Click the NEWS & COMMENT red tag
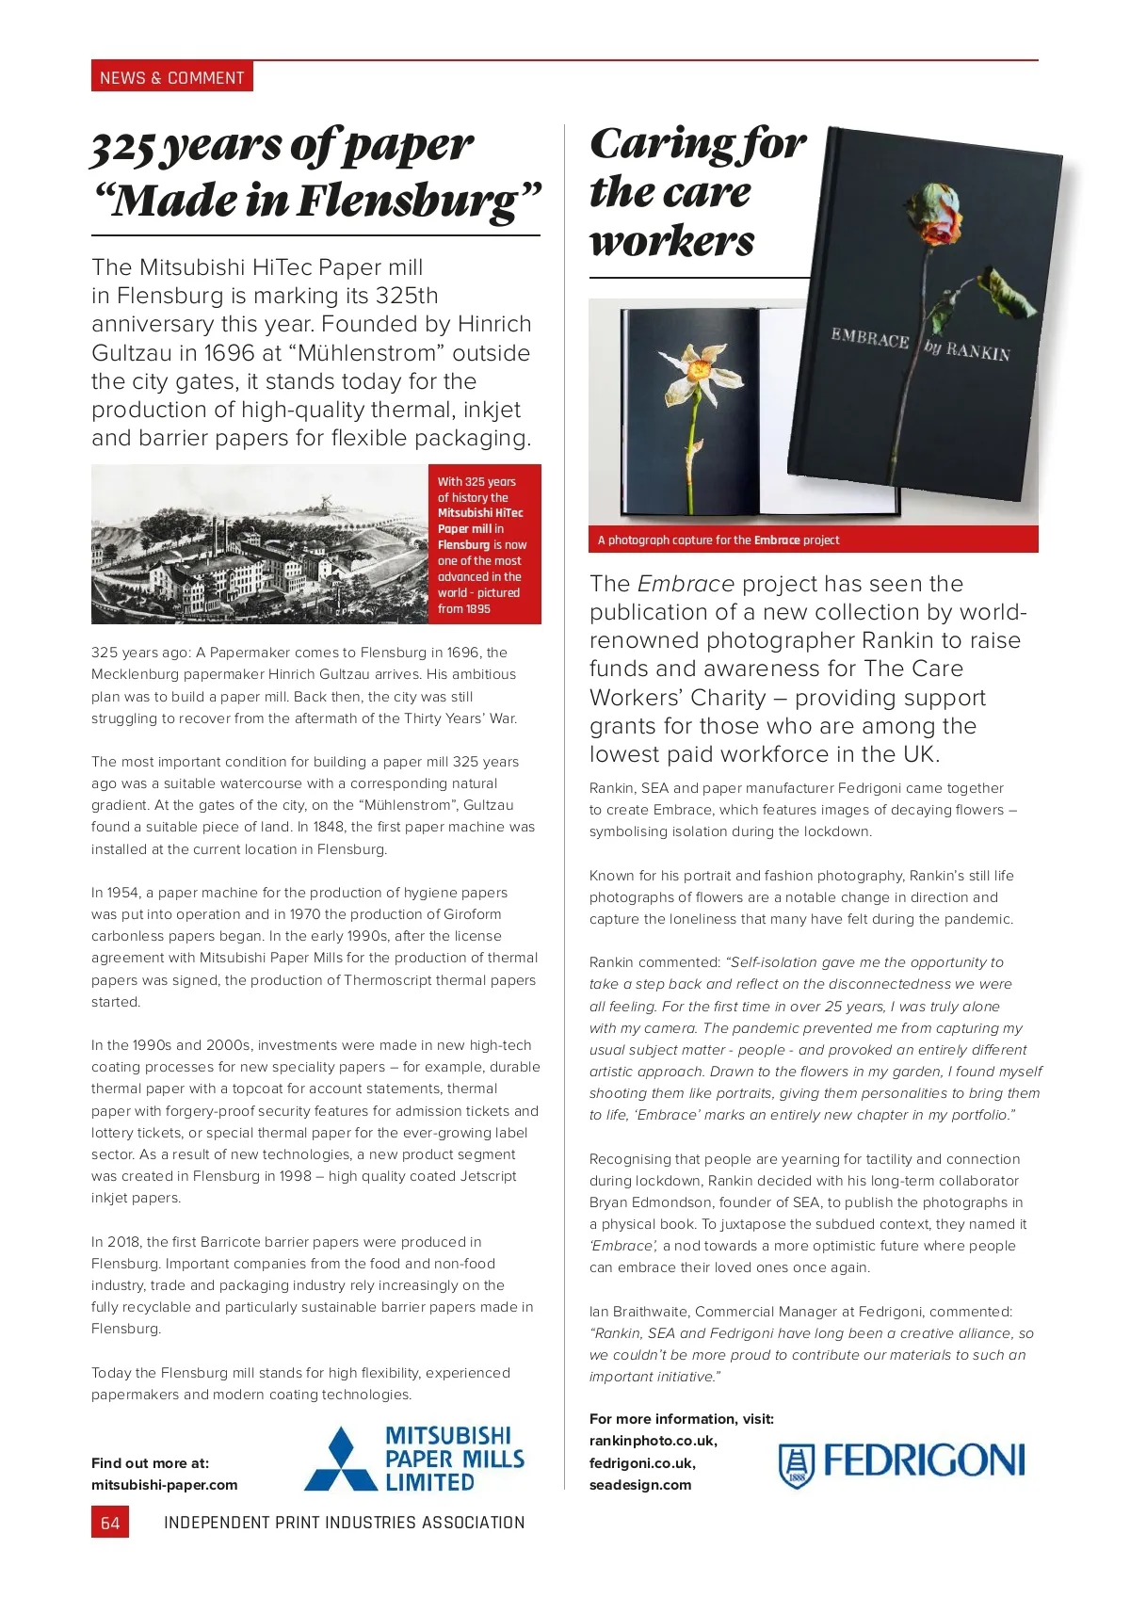[x=171, y=77]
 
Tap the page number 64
[x=110, y=1523]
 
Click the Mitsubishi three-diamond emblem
[x=340, y=1460]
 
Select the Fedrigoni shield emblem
[x=796, y=1465]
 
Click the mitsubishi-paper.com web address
[x=165, y=1485]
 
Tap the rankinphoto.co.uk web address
[x=653, y=1441]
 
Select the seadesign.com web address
[x=640, y=1485]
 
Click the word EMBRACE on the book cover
[x=869, y=338]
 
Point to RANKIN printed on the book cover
[x=977, y=351]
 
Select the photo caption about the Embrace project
[x=718, y=540]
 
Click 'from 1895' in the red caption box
[x=464, y=609]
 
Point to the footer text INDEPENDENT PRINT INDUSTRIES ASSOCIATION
[x=344, y=1523]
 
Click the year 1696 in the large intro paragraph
[x=229, y=353]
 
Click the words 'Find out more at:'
[x=150, y=1463]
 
